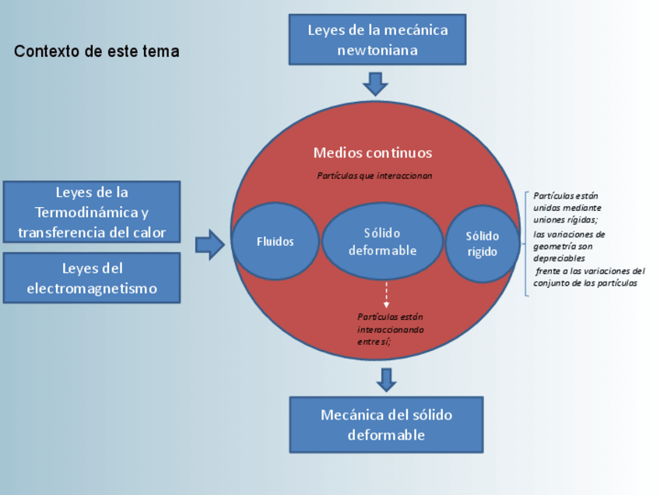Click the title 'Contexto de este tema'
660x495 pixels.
[x=97, y=52]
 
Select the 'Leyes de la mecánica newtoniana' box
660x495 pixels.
[x=377, y=40]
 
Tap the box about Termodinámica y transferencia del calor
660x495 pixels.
[x=92, y=212]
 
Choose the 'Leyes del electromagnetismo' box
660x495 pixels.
[x=92, y=278]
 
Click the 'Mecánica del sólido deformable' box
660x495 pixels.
[x=386, y=424]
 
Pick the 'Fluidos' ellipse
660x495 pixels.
[x=276, y=241]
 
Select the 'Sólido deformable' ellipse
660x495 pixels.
[x=382, y=241]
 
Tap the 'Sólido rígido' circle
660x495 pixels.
[x=483, y=244]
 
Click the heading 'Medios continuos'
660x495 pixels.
[x=373, y=153]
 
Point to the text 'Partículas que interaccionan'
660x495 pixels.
[x=374, y=176]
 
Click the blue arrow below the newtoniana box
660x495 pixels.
[x=376, y=82]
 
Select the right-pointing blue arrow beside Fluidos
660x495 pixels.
[x=209, y=244]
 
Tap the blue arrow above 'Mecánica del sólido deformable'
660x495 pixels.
[x=386, y=379]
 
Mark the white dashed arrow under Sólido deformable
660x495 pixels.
[x=386, y=295]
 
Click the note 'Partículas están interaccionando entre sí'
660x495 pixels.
[x=391, y=328]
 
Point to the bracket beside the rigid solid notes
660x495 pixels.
[x=527, y=244]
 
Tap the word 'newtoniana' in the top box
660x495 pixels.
[x=377, y=51]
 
